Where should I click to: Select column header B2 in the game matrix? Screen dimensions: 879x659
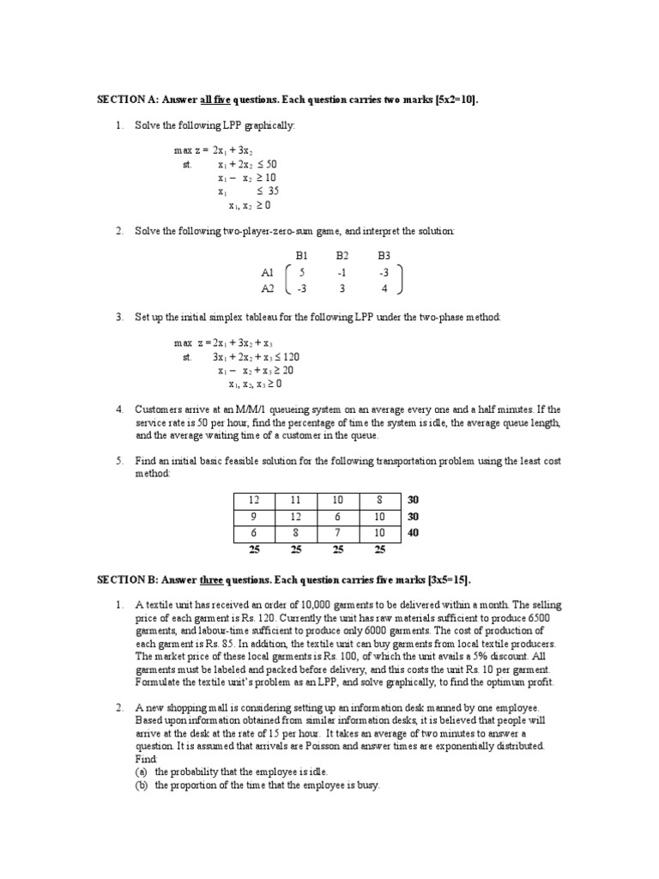342,256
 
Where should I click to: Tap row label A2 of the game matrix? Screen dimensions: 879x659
268,288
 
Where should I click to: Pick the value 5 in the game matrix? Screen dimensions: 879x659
302,272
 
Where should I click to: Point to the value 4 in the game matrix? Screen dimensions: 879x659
384,288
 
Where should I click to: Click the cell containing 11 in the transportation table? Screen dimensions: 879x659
296,500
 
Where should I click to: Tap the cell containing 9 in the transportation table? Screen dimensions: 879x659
254,516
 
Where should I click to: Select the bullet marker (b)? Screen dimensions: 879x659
141,785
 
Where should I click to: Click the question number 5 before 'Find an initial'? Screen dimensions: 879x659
119,461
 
